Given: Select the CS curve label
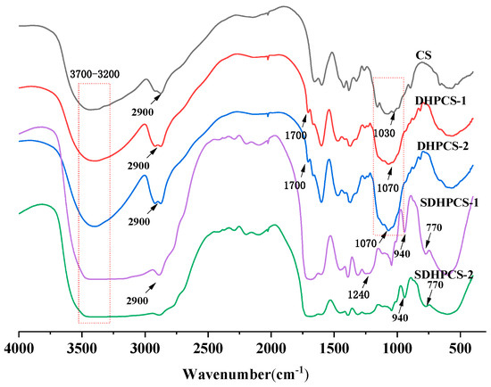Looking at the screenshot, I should point(424,55).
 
